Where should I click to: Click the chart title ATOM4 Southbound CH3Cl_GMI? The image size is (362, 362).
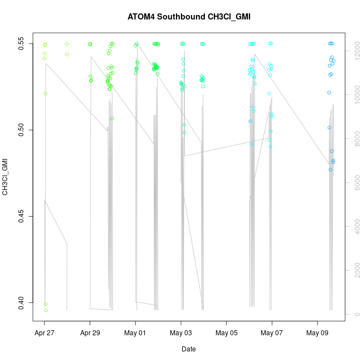click(x=181, y=17)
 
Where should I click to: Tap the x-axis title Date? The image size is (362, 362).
click(x=188, y=349)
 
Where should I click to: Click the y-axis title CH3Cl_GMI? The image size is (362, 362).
click(x=5, y=177)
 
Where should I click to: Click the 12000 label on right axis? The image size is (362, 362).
click(x=358, y=51)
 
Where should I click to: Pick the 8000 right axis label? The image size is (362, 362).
click(x=358, y=139)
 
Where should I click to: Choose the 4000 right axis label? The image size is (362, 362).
click(x=358, y=227)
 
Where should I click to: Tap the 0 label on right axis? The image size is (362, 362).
click(x=358, y=315)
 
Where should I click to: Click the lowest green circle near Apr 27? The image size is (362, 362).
click(x=46, y=310)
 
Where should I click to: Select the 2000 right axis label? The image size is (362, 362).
click(x=358, y=271)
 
